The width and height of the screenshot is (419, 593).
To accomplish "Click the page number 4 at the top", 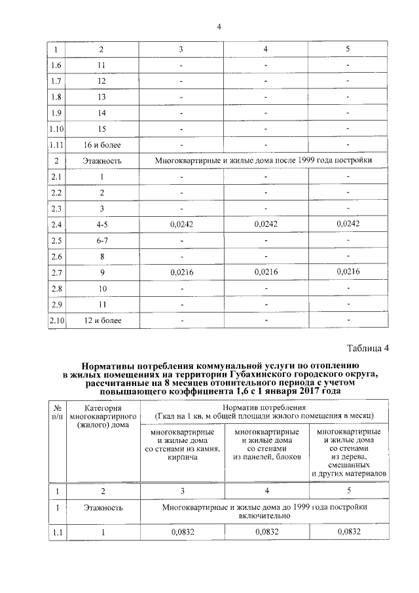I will [x=219, y=26].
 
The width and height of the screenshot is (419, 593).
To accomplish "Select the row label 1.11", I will [x=56, y=145].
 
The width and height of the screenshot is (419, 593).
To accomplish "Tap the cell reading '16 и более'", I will [x=101, y=145].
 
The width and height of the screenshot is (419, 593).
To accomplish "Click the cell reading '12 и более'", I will [x=101, y=320].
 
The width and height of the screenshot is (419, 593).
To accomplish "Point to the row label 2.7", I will [x=56, y=272].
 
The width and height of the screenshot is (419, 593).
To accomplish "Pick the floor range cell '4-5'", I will [x=101, y=224].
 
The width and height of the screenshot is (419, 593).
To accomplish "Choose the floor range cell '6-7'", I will [x=101, y=240].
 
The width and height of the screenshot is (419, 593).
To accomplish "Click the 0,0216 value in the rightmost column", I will [x=348, y=271].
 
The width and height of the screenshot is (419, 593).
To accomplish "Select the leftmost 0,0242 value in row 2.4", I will [x=181, y=224].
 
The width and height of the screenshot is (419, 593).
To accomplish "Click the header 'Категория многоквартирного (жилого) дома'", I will [x=101, y=416].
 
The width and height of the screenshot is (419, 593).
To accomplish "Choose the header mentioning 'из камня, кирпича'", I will [x=181, y=445].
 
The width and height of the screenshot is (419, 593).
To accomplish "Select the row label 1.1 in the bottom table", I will [x=56, y=531].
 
